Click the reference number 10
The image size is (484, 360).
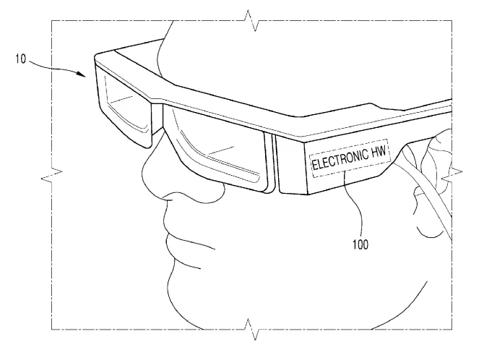point(21,59)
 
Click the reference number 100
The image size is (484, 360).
point(360,244)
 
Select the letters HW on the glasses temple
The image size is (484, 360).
point(379,151)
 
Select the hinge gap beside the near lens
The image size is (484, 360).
point(271,162)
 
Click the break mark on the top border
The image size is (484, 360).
point(252,20)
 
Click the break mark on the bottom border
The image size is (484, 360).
point(252,330)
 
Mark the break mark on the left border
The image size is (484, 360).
point(51,175)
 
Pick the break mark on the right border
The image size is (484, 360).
point(452,175)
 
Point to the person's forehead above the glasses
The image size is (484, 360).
point(216,56)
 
